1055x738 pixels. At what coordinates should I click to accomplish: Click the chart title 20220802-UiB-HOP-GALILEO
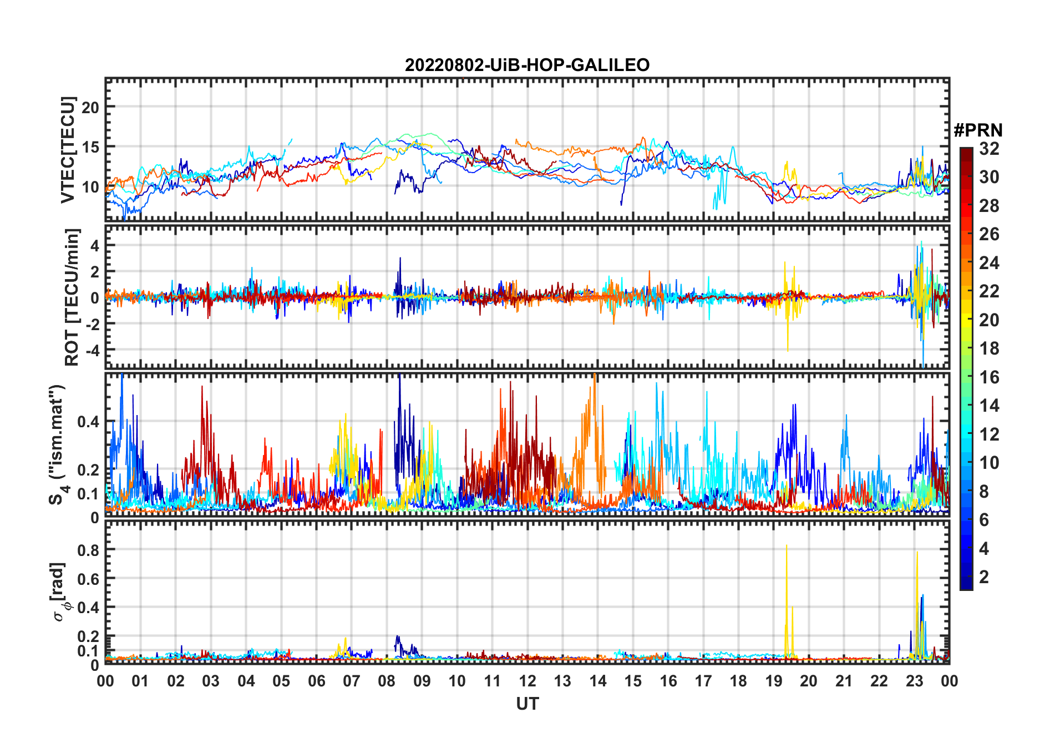coord(527,65)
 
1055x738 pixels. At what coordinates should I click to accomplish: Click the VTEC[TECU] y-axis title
coord(68,150)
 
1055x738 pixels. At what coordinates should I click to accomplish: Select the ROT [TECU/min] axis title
coord(72,297)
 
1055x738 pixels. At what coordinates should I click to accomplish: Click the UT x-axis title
coord(527,704)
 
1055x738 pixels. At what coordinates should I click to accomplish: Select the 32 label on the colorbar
coord(989,149)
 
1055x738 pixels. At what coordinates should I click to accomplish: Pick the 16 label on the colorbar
coord(989,377)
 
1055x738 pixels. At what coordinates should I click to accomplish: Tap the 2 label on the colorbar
coord(984,577)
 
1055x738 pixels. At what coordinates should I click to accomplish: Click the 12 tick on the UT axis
coord(527,681)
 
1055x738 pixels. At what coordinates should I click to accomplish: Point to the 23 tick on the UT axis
coord(914,681)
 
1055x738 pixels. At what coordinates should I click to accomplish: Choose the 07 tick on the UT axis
coord(352,681)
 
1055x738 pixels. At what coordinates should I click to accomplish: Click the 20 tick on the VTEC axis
coord(90,107)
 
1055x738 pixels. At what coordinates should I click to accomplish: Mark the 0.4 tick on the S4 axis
coord(88,422)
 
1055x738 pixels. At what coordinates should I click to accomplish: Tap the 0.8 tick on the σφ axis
coord(88,550)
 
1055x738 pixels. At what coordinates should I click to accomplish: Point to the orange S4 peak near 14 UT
coord(594,377)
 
